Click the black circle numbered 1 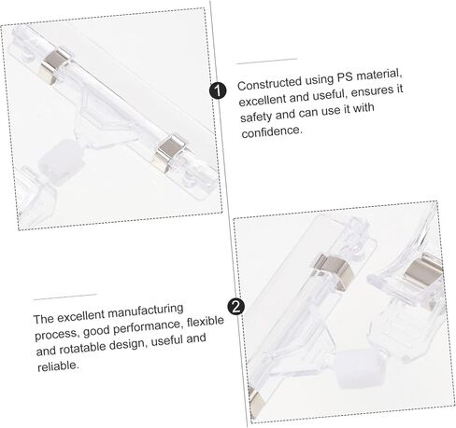click(x=218, y=91)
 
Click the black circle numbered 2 click(x=236, y=307)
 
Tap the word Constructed click(x=269, y=83)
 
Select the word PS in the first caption click(x=345, y=77)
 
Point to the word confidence click(x=272, y=131)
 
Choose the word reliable click(x=58, y=366)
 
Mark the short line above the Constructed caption click(x=266, y=61)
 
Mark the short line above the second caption click(x=65, y=297)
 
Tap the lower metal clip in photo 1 click(x=170, y=152)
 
